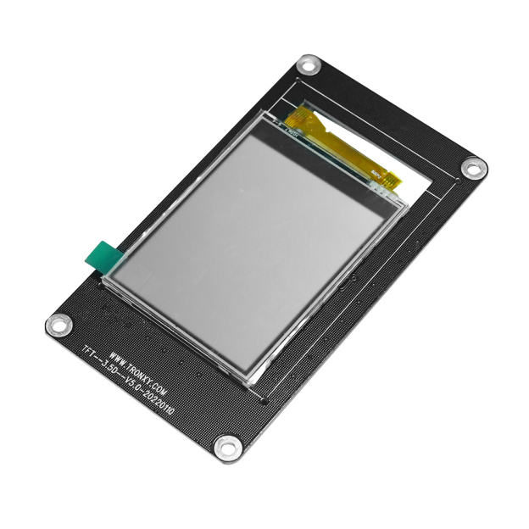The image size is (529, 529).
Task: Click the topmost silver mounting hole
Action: pos(310,65)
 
